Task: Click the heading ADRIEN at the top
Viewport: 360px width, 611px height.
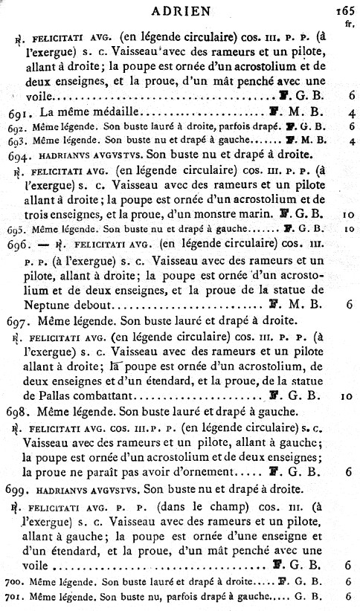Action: [x=181, y=10]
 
